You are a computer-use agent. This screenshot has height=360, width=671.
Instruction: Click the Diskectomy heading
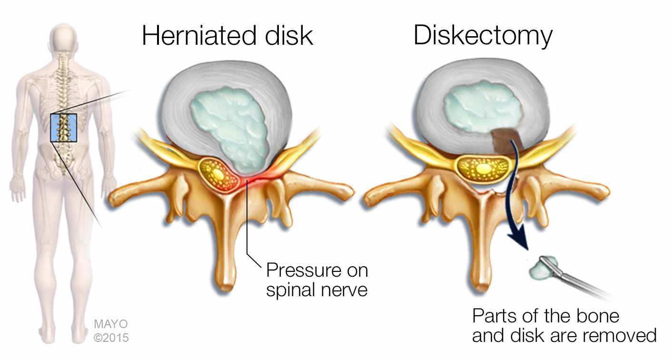[483, 36]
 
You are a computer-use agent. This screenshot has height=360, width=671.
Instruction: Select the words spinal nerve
[316, 290]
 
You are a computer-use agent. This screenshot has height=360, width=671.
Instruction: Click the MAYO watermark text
[110, 324]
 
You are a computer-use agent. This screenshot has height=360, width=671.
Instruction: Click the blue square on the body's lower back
[63, 127]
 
